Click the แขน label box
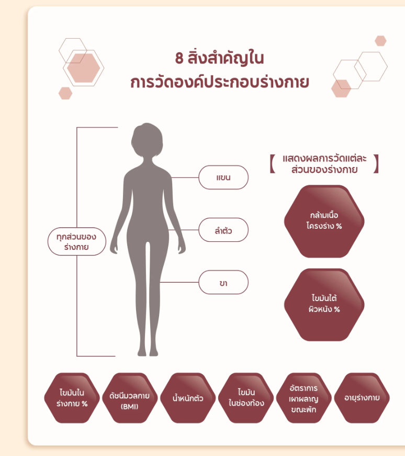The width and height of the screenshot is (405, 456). tap(223, 177)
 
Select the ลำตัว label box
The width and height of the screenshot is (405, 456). tap(223, 230)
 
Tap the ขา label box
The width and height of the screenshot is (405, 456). tap(223, 283)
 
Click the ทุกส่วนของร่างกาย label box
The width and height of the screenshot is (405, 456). tap(77, 241)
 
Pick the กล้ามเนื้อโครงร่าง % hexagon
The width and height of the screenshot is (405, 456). tap(324, 221)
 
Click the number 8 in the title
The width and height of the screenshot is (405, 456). tap(179, 58)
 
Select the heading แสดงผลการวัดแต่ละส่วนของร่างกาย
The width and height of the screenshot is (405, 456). tap(324, 163)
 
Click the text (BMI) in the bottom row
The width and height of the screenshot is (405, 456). tap(129, 406)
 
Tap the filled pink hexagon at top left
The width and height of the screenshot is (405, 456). tap(83, 67)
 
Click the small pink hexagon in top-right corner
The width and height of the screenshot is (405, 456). tap(380, 40)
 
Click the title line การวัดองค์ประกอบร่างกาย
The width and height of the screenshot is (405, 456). tap(220, 82)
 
